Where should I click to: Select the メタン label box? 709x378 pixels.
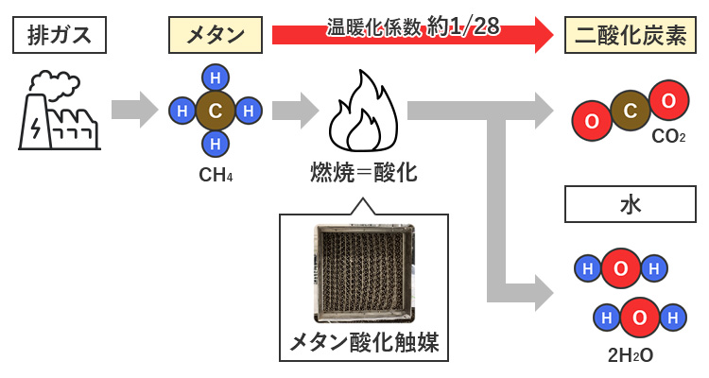click(x=216, y=37)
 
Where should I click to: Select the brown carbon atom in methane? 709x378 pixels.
click(x=216, y=112)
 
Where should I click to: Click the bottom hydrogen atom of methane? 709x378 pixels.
click(x=216, y=144)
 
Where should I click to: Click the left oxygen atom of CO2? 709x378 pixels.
click(x=592, y=122)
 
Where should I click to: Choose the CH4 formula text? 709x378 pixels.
click(x=216, y=175)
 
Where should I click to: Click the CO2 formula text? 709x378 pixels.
click(x=668, y=138)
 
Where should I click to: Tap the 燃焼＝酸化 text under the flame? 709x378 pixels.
click(x=364, y=173)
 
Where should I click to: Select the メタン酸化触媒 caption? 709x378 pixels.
click(x=364, y=341)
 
